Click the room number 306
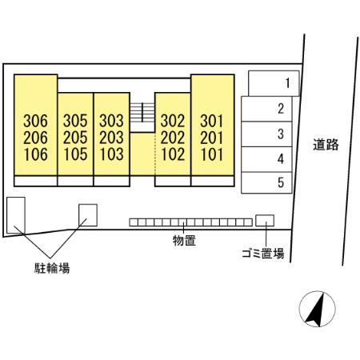click(x=35, y=121)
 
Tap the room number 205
click(x=75, y=138)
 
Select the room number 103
click(x=111, y=154)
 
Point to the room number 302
click(x=173, y=121)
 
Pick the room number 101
click(x=212, y=154)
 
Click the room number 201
click(x=212, y=138)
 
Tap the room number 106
click(x=36, y=154)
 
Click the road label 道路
click(x=326, y=145)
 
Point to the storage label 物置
click(x=184, y=241)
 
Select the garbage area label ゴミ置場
click(x=263, y=254)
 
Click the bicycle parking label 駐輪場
click(x=52, y=268)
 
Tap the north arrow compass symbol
click(x=317, y=309)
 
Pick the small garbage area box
click(x=265, y=221)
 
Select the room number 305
click(x=75, y=121)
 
